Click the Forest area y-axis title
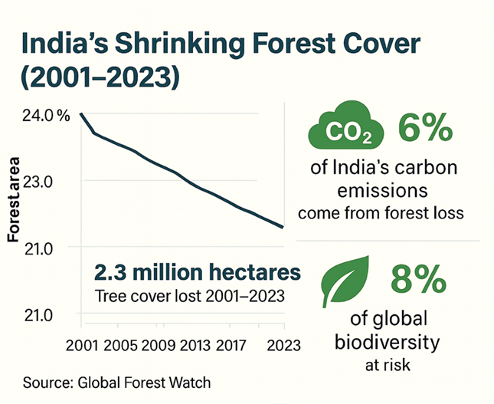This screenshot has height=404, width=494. (x=13, y=199)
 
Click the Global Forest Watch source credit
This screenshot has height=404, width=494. (x=142, y=382)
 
